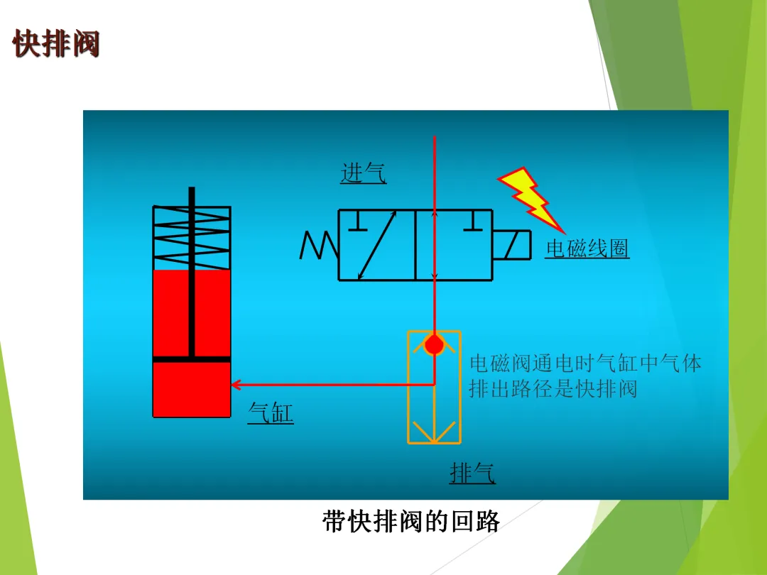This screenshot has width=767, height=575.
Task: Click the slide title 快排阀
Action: [56, 44]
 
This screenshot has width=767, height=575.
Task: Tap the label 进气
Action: [363, 173]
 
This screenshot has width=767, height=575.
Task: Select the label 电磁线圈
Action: [587, 248]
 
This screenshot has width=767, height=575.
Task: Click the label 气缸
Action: [271, 412]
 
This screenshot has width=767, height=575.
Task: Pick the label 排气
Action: [472, 473]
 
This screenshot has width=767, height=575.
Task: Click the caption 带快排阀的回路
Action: [411, 522]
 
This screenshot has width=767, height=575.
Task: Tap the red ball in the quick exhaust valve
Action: [434, 345]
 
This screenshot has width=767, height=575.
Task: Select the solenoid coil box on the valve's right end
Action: [512, 246]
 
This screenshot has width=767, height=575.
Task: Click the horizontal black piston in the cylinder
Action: [192, 359]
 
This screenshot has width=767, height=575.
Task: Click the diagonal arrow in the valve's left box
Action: [377, 245]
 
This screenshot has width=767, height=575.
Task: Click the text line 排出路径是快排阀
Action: [553, 389]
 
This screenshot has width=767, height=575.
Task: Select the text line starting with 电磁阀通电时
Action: [585, 363]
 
